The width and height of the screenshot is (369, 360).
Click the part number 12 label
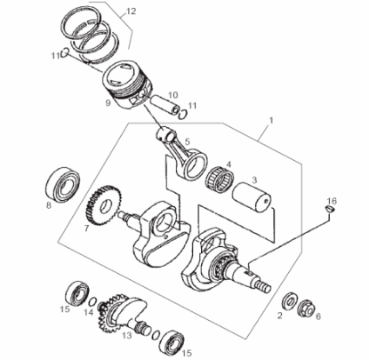pyautogui.click(x=131, y=12)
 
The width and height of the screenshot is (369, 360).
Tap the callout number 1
pyautogui.click(x=270, y=120)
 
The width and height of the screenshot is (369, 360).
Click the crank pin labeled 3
pyautogui.click(x=253, y=198)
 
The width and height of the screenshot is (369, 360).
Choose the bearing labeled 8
pyautogui.click(x=63, y=184)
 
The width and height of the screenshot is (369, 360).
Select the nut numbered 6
pyautogui.click(x=306, y=308)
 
